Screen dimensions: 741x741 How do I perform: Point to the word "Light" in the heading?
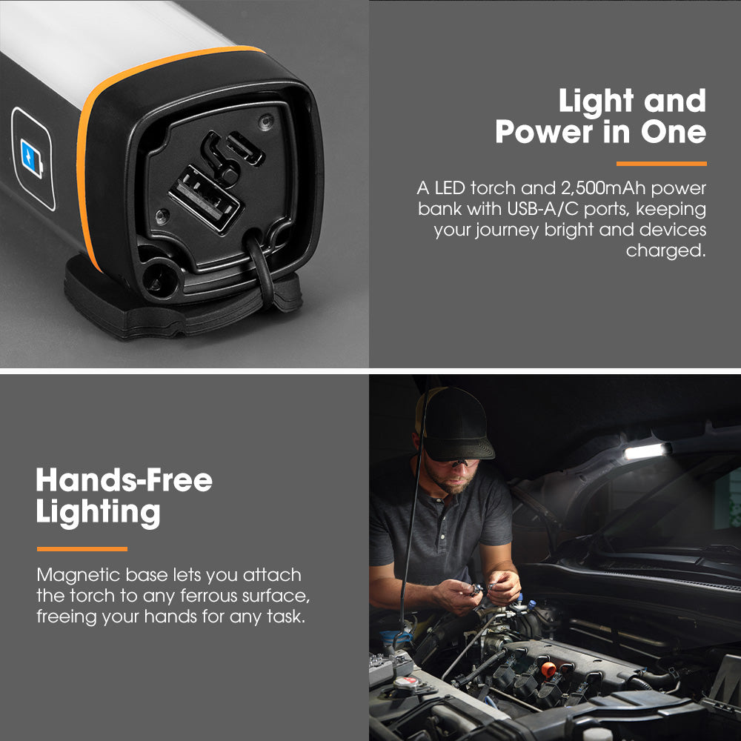pyautogui.click(x=592, y=102)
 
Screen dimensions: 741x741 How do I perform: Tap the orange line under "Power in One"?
pyautogui.click(x=661, y=163)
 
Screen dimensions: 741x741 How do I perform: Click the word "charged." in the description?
pyautogui.click(x=665, y=250)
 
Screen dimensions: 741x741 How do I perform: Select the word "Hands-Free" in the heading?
pyautogui.click(x=124, y=481)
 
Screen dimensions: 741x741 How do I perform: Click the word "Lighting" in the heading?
pyautogui.click(x=98, y=513)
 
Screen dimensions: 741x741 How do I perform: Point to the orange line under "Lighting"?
pyautogui.click(x=82, y=549)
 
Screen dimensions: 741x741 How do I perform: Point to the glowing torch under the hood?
pyautogui.click(x=646, y=451)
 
